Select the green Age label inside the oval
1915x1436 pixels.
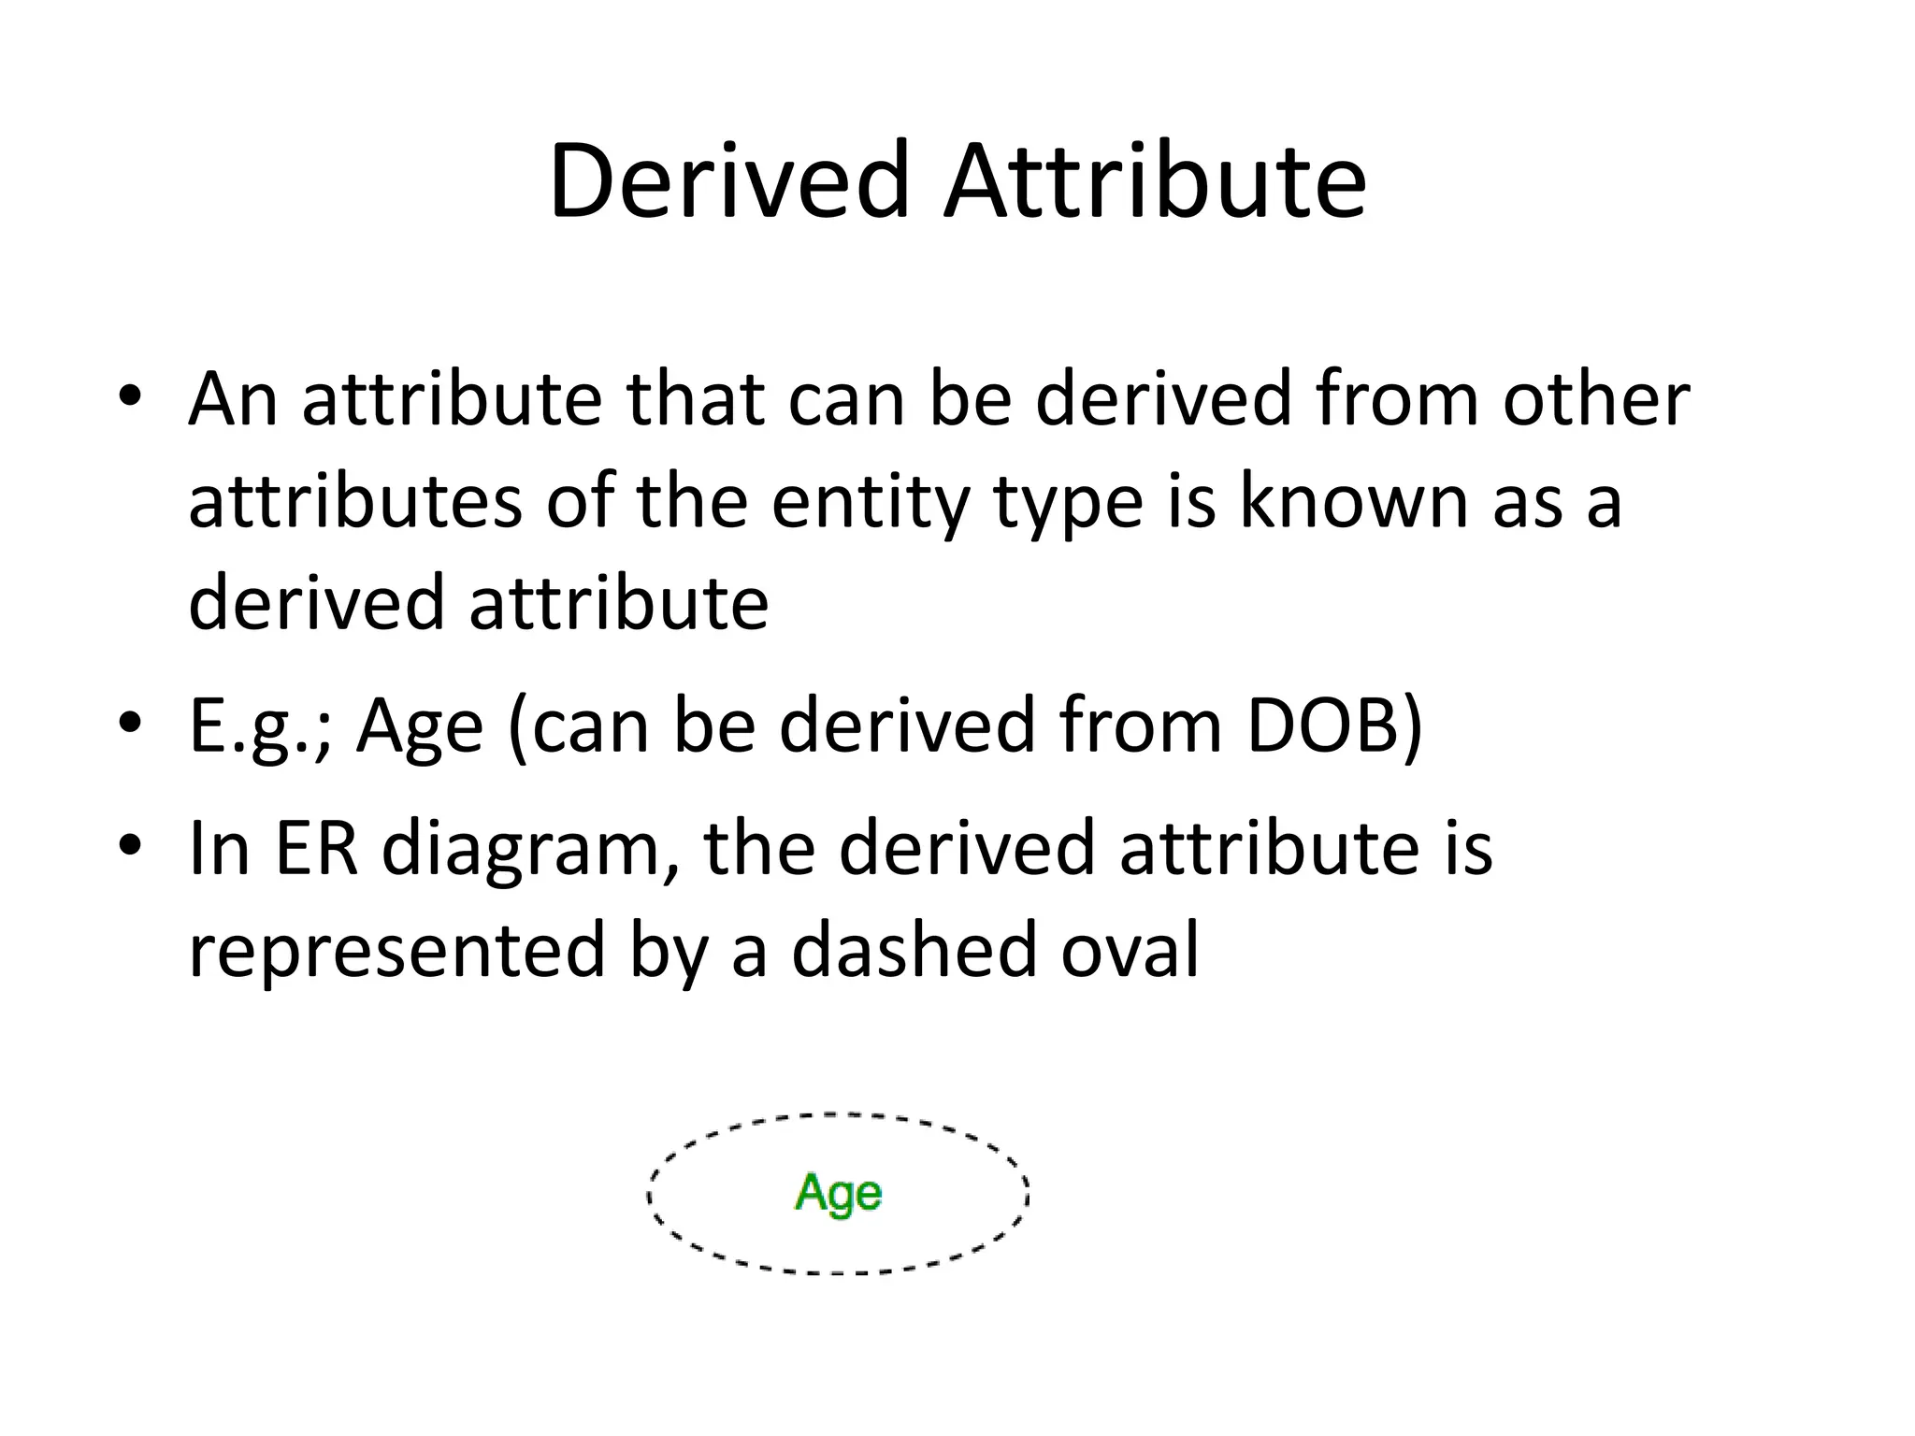pyautogui.click(x=838, y=1194)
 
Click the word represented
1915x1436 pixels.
pyautogui.click(x=396, y=950)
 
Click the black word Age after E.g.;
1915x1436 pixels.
pyautogui.click(x=420, y=726)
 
